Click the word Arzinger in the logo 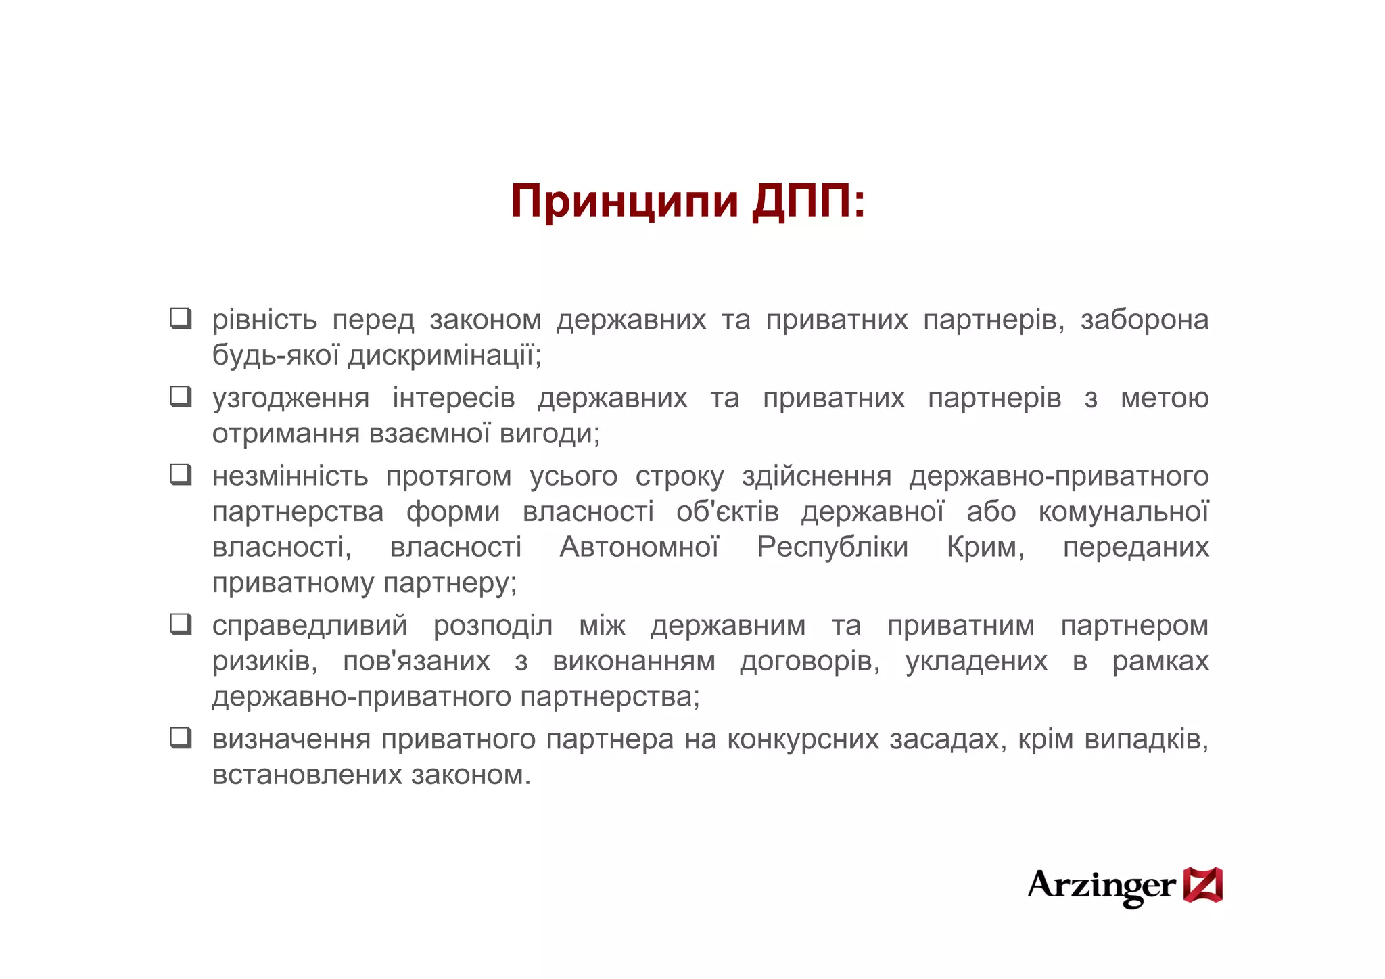(1101, 886)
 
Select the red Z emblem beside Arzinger (1202, 885)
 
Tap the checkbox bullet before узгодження (181, 396)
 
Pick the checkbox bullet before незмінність (181, 475)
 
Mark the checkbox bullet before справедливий (181, 624)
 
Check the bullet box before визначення (181, 737)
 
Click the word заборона (1144, 319)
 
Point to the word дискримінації (444, 355)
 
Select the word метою (1165, 398)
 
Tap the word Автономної (639, 547)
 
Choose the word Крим (985, 547)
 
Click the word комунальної (1123, 511)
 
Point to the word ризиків (264, 660)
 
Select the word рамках (1160, 660)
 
